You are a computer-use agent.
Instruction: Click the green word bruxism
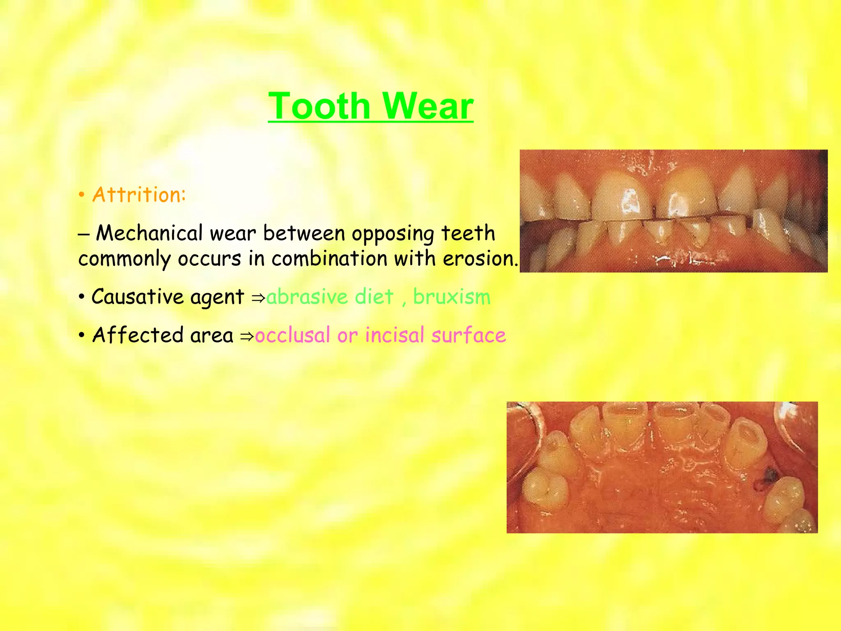pyautogui.click(x=452, y=297)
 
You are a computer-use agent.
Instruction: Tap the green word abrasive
pyautogui.click(x=307, y=297)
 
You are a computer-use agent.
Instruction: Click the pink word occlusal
pyautogui.click(x=292, y=335)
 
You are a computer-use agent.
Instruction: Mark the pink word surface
pyautogui.click(x=469, y=335)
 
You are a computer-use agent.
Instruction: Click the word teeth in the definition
pyautogui.click(x=468, y=233)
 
